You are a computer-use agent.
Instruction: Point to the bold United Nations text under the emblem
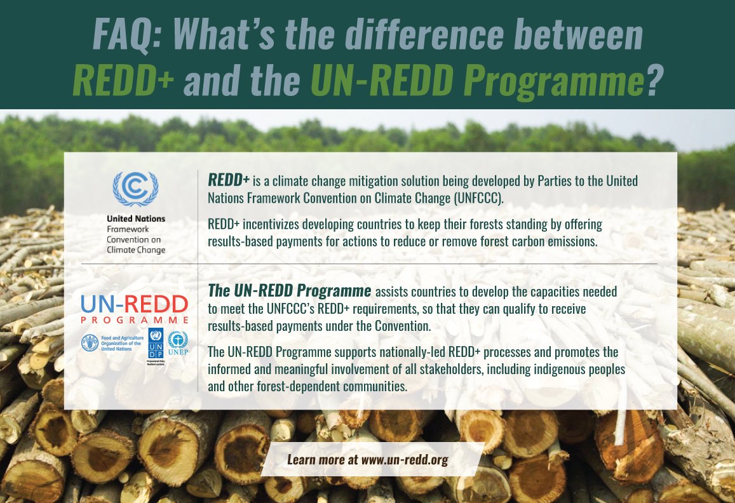[136, 218]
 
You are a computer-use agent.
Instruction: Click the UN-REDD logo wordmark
[134, 304]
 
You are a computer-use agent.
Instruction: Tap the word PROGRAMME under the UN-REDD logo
[134, 319]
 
